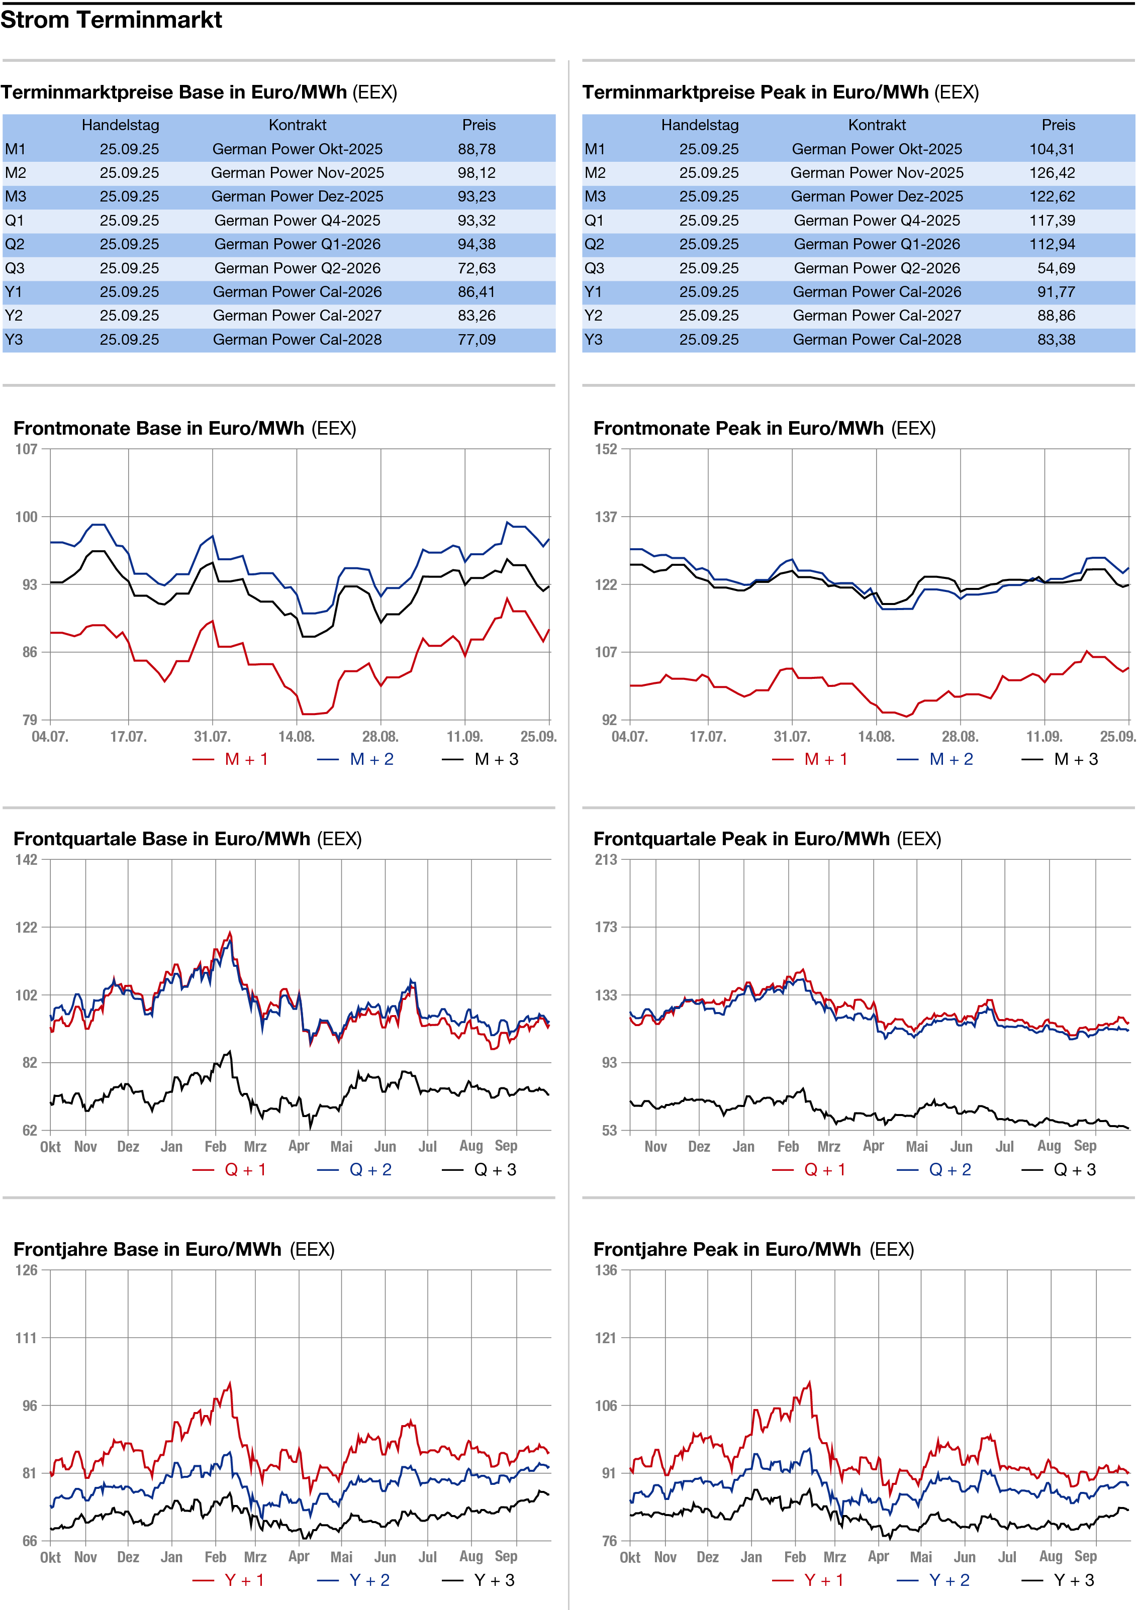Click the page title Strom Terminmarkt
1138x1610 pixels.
(x=111, y=20)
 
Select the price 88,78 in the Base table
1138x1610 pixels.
(x=477, y=149)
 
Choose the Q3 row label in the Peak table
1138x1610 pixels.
(x=594, y=268)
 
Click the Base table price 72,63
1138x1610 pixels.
(x=477, y=268)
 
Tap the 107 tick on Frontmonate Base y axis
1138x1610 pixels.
(x=27, y=449)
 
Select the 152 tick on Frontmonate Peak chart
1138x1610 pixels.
(x=606, y=449)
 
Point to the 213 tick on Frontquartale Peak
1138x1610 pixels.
(x=606, y=860)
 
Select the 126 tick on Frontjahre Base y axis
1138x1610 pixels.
(x=27, y=1270)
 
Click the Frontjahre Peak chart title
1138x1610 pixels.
(x=753, y=1250)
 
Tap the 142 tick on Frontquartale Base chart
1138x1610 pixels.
(x=27, y=860)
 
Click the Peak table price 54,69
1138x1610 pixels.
(x=1056, y=268)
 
